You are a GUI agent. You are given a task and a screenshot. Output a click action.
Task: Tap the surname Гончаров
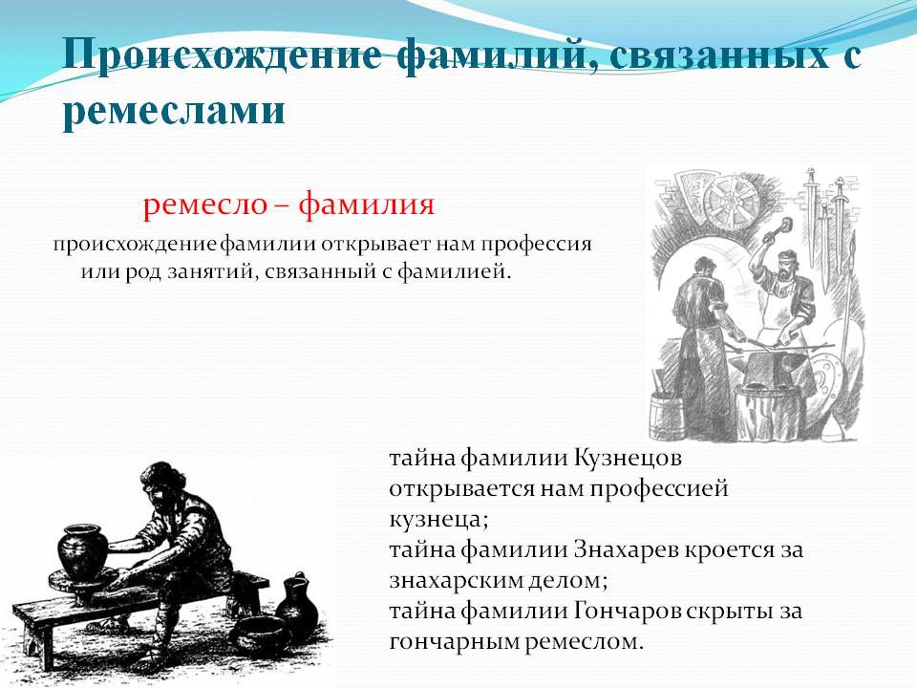click(628, 612)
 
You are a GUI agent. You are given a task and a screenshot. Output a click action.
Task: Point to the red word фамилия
click(366, 204)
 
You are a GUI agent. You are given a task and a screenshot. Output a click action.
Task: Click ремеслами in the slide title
click(174, 111)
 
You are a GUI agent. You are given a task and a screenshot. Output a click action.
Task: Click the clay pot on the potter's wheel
click(82, 551)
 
